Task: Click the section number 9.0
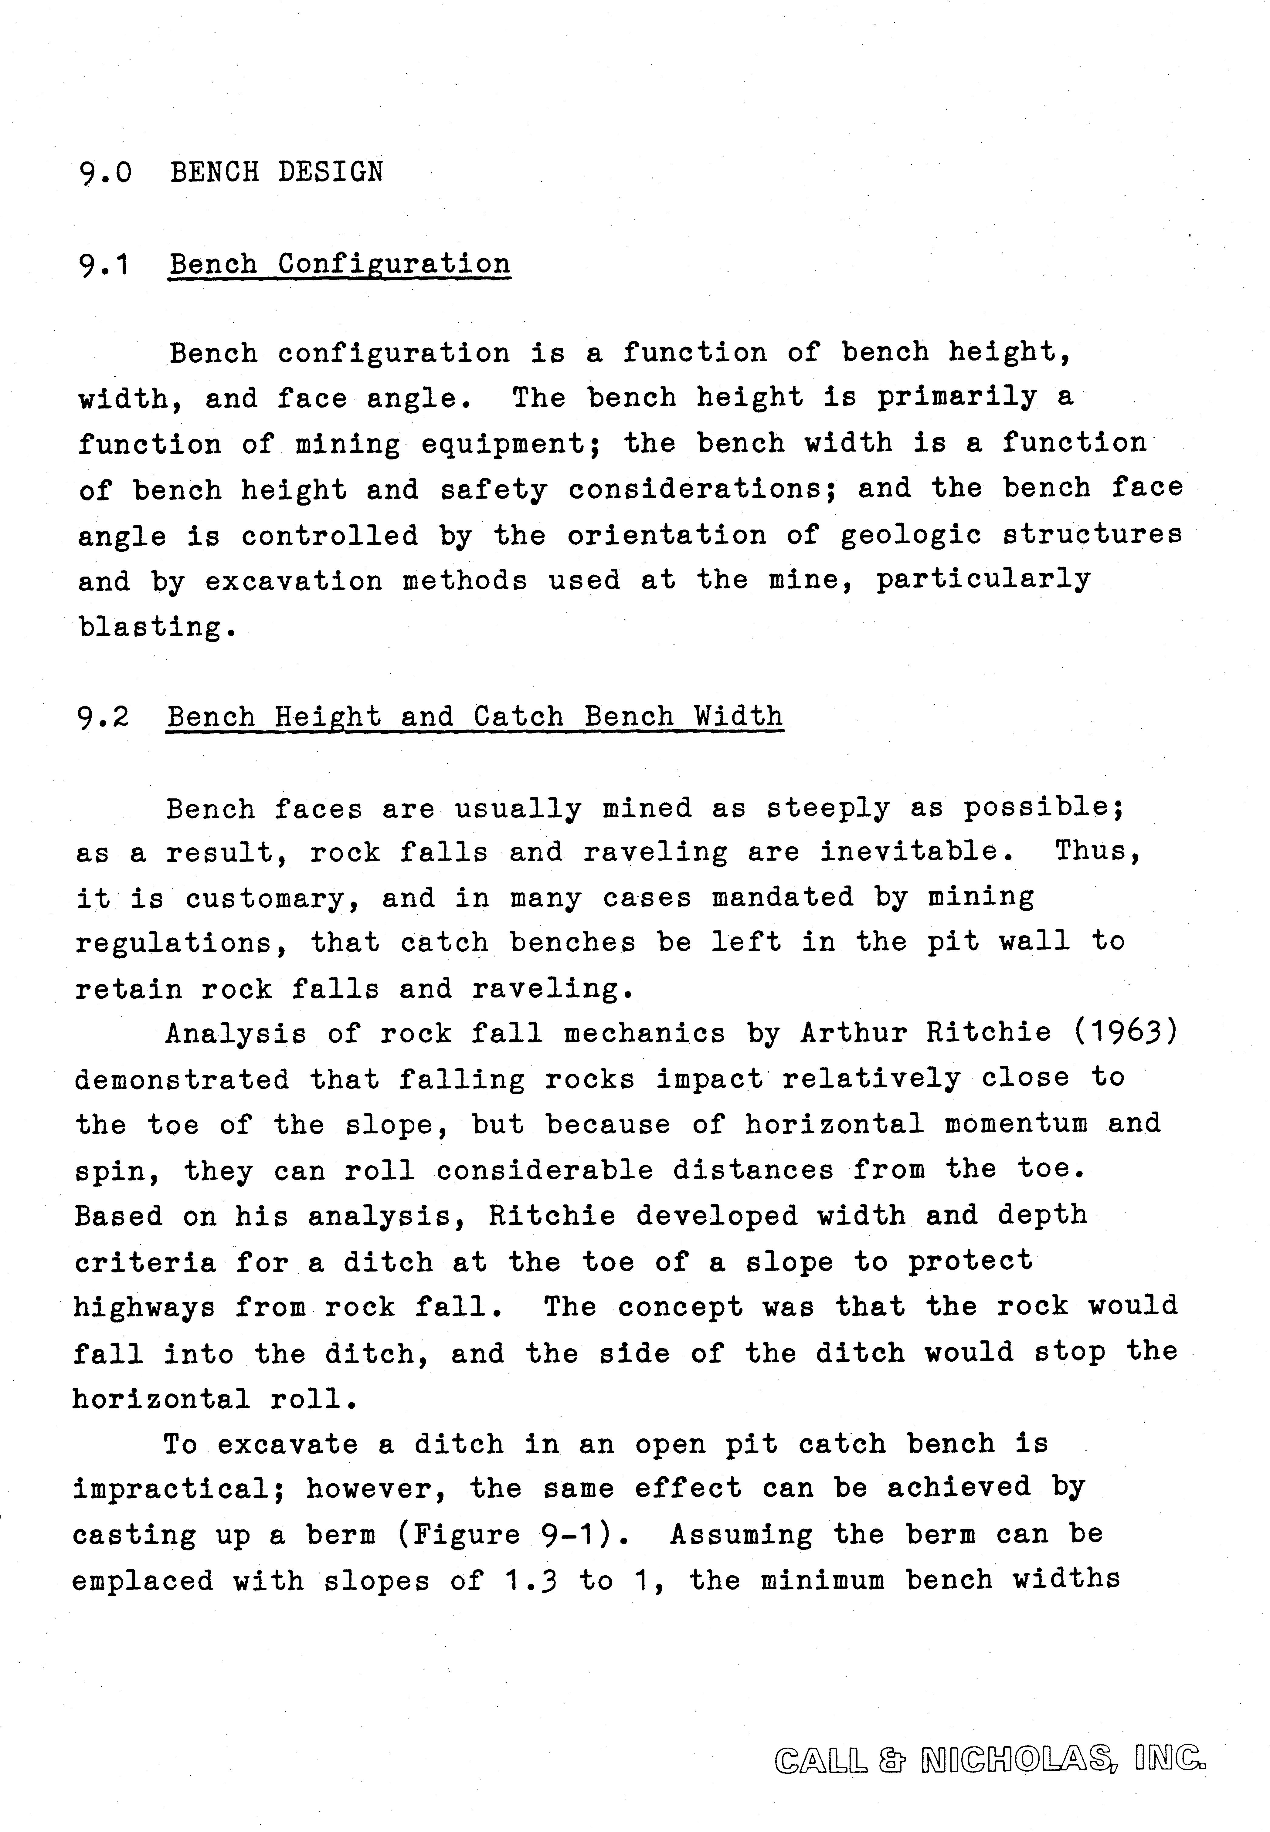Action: tap(105, 172)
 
